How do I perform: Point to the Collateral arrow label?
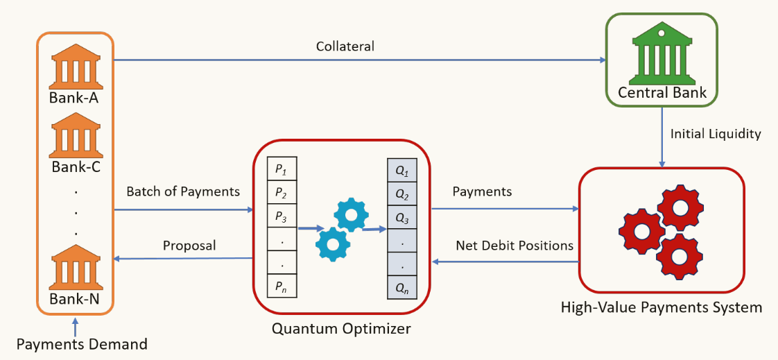pyautogui.click(x=345, y=46)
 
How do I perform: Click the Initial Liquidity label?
pyautogui.click(x=716, y=134)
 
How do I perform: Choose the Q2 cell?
pyautogui.click(x=402, y=194)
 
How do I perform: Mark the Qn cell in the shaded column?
pyautogui.click(x=402, y=286)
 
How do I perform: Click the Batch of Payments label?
pyautogui.click(x=183, y=191)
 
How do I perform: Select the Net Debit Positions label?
pyautogui.click(x=515, y=246)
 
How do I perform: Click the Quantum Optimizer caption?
pyautogui.click(x=341, y=328)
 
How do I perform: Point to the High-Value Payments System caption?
pyautogui.click(x=661, y=307)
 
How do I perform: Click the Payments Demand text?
pyautogui.click(x=82, y=343)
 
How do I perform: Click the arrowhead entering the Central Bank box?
pyautogui.click(x=602, y=60)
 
